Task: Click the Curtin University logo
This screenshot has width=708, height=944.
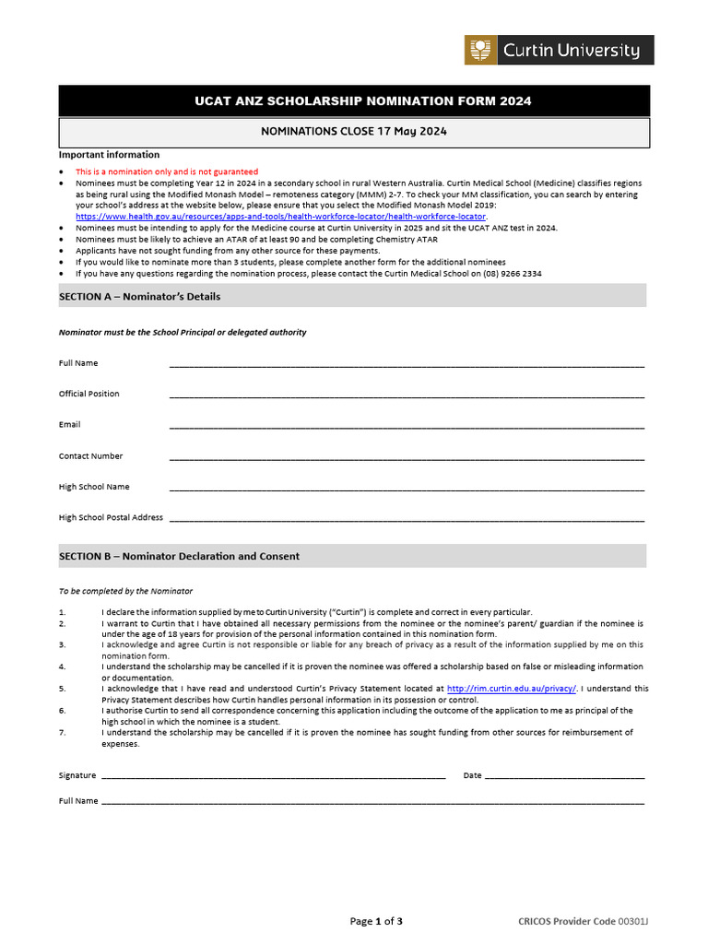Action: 559,50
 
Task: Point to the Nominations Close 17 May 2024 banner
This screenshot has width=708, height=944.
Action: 354,131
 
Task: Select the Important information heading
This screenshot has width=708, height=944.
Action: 109,155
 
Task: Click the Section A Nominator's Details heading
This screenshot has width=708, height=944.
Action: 140,296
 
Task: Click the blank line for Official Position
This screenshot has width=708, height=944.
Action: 407,395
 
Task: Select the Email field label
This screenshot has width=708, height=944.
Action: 70,425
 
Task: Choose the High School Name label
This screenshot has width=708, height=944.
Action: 94,487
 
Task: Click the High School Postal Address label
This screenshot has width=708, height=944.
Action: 111,517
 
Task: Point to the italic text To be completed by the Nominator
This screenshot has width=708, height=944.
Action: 126,591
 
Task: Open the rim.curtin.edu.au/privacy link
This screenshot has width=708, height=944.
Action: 512,688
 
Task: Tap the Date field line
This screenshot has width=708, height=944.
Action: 564,776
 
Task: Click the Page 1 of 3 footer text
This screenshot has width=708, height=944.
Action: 376,921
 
